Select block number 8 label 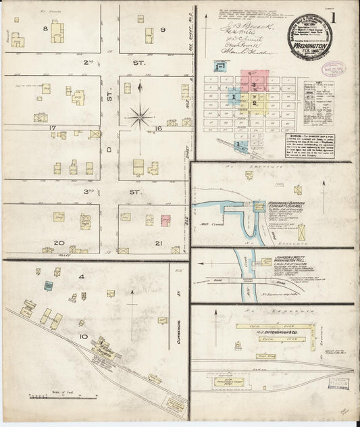click(46, 28)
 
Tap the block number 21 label click(159, 242)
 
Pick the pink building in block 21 click(165, 220)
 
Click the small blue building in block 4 click(49, 286)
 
